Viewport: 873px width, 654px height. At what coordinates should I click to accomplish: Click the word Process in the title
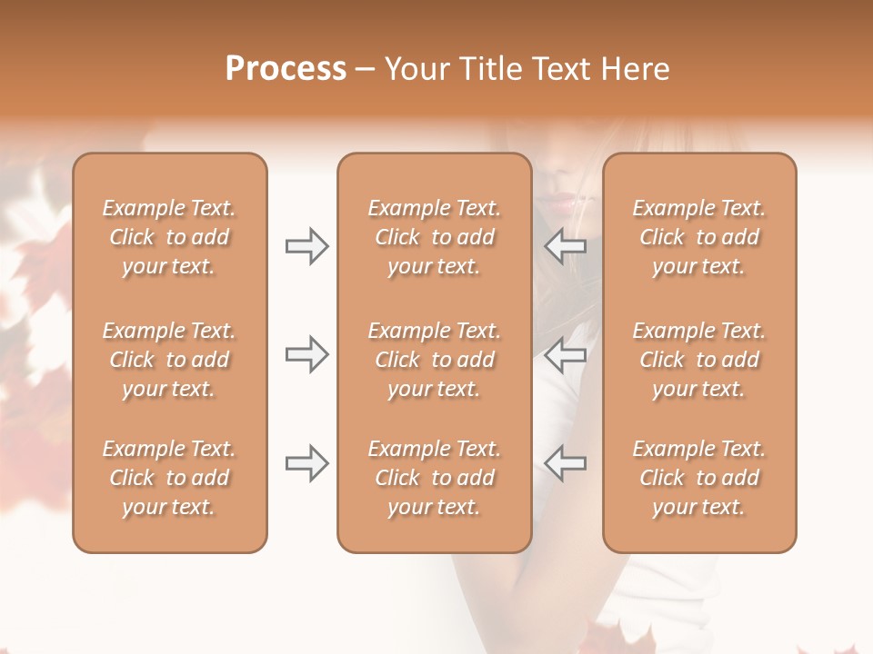286,69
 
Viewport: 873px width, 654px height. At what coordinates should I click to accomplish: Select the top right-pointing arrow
306,246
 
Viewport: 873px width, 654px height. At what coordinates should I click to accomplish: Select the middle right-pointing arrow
306,354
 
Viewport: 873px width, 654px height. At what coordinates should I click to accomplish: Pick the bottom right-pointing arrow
306,463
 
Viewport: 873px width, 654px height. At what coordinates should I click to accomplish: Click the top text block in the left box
169,237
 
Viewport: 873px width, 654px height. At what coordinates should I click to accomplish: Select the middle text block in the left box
169,360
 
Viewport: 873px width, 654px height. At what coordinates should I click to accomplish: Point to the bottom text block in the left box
169,478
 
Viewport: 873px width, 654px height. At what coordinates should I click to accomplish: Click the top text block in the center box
434,237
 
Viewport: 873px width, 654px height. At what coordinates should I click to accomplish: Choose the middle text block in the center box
434,360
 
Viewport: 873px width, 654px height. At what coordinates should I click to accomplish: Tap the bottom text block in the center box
434,478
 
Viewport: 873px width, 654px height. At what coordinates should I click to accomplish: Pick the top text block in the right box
699,237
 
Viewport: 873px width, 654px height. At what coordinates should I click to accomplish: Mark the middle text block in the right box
699,360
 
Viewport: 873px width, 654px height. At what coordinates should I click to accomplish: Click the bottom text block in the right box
699,478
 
